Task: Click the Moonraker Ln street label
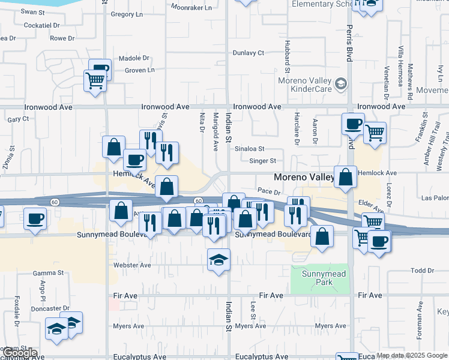pos(191,8)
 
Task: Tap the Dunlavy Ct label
pos(248,53)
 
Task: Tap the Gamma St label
pos(49,272)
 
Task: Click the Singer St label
pos(263,161)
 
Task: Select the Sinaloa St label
pos(267,148)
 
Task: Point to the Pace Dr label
pos(269,191)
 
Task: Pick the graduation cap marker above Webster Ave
pos(218,259)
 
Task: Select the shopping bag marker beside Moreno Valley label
pos(346,177)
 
